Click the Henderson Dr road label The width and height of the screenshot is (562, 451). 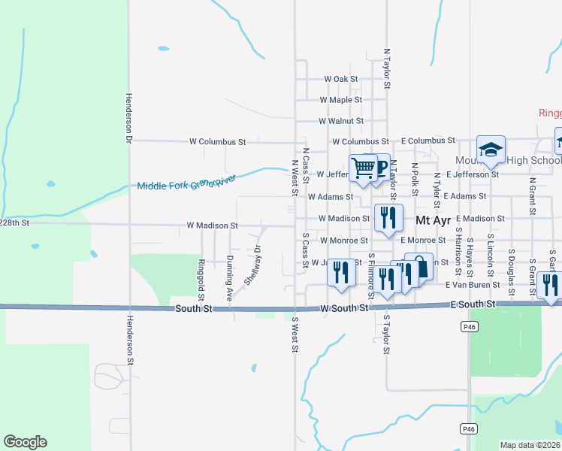click(x=128, y=118)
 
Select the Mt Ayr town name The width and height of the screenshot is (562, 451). click(x=433, y=219)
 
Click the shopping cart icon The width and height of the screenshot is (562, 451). click(x=364, y=167)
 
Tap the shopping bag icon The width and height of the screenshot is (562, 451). click(x=419, y=265)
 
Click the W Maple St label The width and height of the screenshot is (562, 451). click(x=341, y=99)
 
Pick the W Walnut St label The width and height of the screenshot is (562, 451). click(x=341, y=120)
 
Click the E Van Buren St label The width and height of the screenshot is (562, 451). click(x=473, y=285)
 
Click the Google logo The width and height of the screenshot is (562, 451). click(x=25, y=442)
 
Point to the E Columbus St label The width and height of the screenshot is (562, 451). click(x=428, y=141)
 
